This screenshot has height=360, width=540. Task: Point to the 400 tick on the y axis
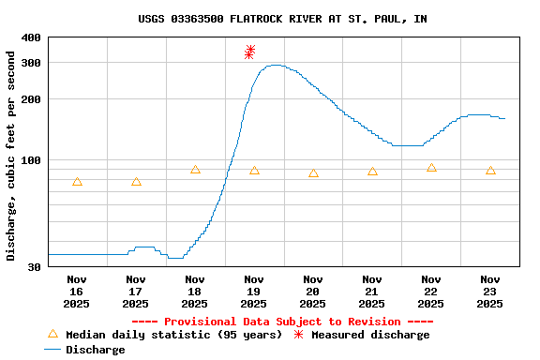[30, 37]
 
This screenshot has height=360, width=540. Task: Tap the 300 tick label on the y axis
[30, 63]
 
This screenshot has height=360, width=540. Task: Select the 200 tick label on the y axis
[30, 99]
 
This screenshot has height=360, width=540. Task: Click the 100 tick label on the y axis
[30, 160]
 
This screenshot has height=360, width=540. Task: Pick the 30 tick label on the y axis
[34, 267]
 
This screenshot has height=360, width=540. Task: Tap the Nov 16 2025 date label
[77, 291]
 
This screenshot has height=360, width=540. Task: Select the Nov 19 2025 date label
[254, 291]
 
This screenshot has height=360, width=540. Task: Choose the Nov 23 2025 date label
[490, 291]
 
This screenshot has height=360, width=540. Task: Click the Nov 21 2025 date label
[372, 291]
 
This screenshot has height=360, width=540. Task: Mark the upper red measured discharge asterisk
[250, 50]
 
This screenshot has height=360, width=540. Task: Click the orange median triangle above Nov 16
[77, 182]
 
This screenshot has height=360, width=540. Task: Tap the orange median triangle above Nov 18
[195, 170]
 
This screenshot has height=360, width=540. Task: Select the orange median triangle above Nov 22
[431, 168]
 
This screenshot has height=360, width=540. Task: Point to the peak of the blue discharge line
[274, 66]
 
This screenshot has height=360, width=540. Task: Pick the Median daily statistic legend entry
[164, 335]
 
